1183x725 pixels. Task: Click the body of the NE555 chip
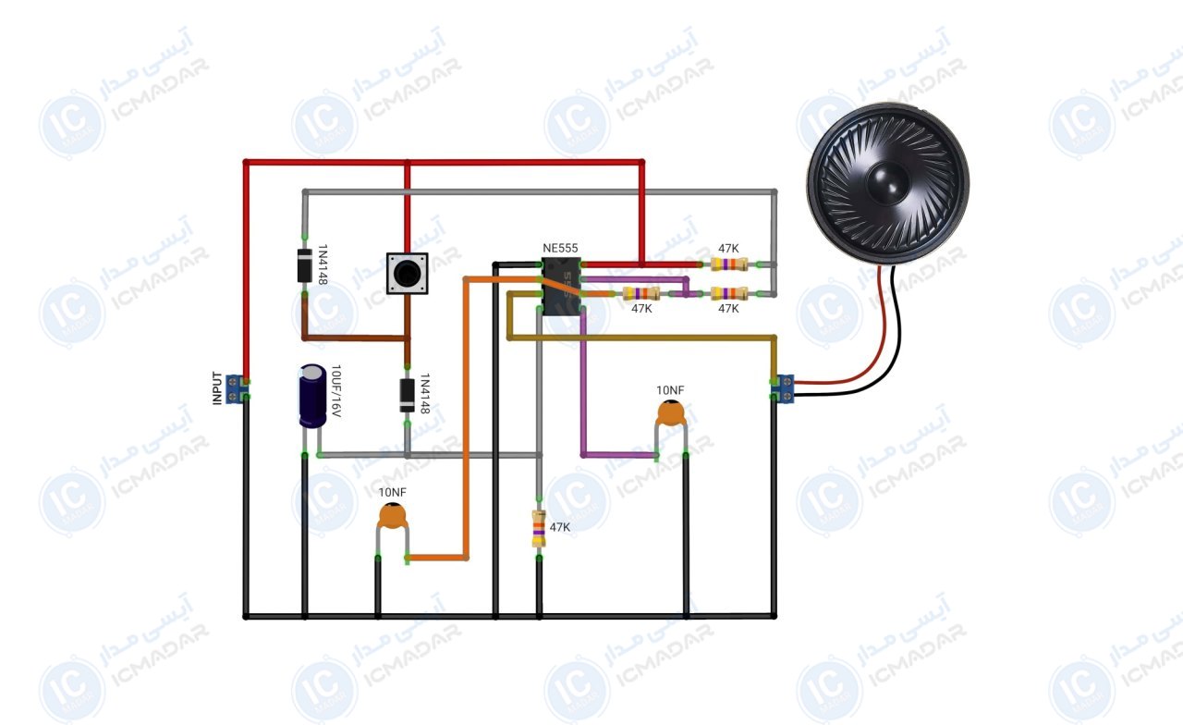tap(561, 287)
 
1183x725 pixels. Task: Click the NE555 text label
tap(560, 248)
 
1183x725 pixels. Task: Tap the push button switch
tap(408, 273)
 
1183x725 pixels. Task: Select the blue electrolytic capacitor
tap(312, 395)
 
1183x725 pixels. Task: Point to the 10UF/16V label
tap(335, 391)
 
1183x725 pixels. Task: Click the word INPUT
tap(217, 388)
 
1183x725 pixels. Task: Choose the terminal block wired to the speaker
tap(782, 388)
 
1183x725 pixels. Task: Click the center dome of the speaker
tap(888, 183)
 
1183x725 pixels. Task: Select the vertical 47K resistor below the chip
tap(539, 528)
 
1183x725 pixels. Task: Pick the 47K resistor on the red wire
tap(729, 264)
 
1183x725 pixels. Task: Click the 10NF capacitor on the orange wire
tap(393, 517)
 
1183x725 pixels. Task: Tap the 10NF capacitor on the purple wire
tap(671, 413)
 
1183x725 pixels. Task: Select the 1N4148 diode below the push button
tap(408, 395)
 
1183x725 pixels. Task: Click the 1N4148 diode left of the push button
tap(305, 265)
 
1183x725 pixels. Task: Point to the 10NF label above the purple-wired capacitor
tap(670, 390)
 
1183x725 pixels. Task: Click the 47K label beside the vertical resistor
tap(560, 527)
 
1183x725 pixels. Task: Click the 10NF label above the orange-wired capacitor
tap(393, 493)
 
